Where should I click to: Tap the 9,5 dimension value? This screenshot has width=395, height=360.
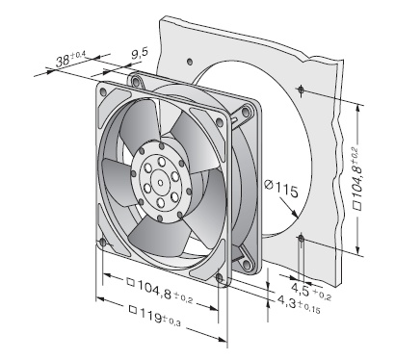(x=140, y=53)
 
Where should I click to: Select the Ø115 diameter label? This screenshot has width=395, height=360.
(x=281, y=189)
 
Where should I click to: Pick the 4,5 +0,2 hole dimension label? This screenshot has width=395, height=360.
(x=310, y=291)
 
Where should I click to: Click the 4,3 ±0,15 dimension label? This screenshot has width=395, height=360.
(x=299, y=304)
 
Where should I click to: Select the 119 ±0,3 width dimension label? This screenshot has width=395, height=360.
(x=155, y=316)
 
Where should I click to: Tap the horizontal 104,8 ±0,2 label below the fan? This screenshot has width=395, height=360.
(x=160, y=291)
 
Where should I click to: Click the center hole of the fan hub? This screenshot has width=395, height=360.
(x=160, y=183)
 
